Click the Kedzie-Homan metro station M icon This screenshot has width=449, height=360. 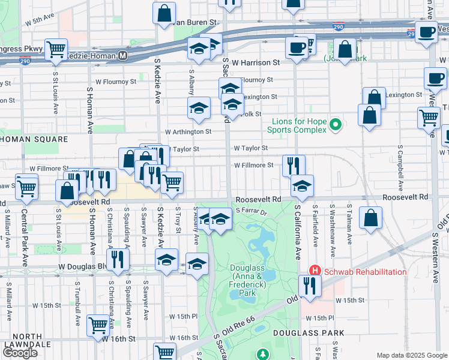pos(122,55)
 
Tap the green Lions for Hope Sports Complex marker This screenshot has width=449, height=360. pos(336,125)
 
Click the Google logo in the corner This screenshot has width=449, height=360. pos(19,353)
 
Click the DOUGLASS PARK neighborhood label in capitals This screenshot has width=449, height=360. pos(308,332)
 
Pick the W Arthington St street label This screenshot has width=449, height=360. pos(188,131)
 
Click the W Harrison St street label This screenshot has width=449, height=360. pos(256,62)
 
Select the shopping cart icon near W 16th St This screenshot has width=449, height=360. pos(98,325)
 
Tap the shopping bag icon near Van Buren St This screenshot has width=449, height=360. pos(164,13)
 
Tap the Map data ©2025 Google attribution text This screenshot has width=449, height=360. pos(412,355)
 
